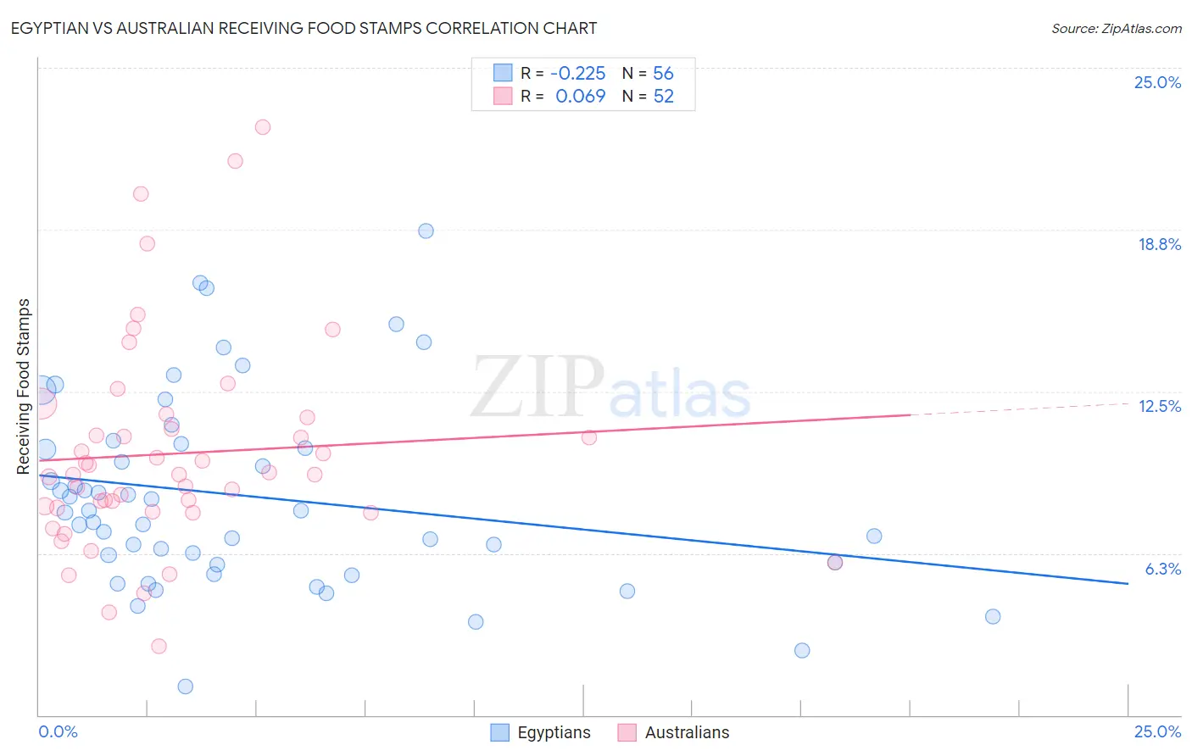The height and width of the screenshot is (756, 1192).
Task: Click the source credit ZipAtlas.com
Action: click(x=1116, y=28)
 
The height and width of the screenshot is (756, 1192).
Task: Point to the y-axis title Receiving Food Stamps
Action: click(x=24, y=386)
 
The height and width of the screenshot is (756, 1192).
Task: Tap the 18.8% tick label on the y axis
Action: click(x=1159, y=244)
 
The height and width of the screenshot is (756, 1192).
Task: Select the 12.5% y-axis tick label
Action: click(x=1159, y=406)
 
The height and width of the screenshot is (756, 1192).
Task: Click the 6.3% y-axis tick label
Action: click(x=1162, y=569)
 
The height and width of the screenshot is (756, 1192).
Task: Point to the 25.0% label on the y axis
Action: click(x=1157, y=82)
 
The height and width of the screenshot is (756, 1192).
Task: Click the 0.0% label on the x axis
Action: click(x=58, y=731)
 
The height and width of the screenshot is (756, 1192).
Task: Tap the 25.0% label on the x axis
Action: click(x=1157, y=731)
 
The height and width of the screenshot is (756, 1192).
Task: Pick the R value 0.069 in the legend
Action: click(x=580, y=96)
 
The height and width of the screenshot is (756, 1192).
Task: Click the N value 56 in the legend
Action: click(x=663, y=73)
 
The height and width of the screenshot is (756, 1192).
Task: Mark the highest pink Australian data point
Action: click(x=263, y=127)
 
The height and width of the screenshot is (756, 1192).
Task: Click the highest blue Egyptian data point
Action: click(x=426, y=231)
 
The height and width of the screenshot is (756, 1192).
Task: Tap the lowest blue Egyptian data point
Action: click(x=186, y=687)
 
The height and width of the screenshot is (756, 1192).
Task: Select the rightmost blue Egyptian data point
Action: click(x=993, y=616)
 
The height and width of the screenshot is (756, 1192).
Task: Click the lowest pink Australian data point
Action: click(x=159, y=646)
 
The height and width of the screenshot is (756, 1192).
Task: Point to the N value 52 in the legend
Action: click(x=663, y=96)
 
